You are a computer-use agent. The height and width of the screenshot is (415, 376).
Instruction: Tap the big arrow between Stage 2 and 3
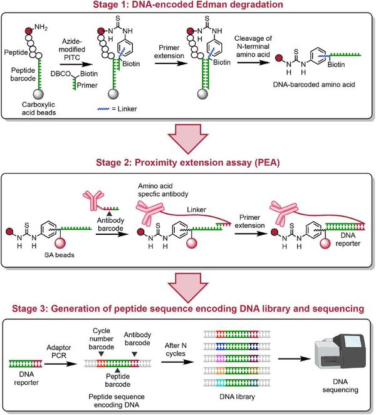click(x=188, y=286)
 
